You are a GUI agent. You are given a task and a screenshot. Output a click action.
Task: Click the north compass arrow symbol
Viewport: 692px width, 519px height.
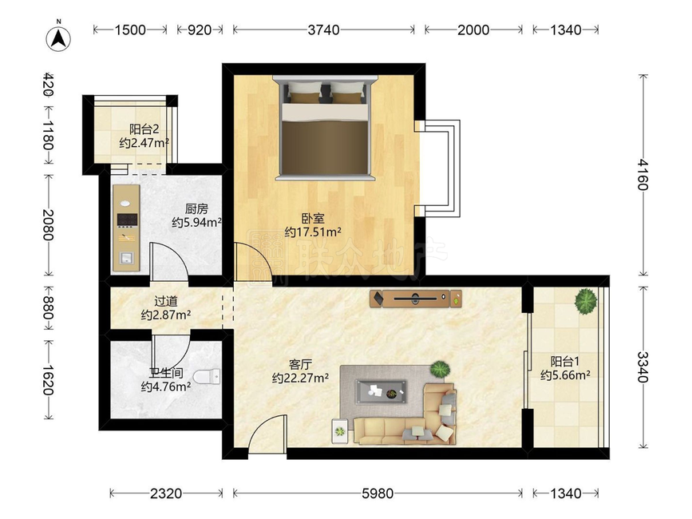click(59, 38)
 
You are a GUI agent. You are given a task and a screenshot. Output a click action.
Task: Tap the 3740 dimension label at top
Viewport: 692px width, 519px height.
click(324, 30)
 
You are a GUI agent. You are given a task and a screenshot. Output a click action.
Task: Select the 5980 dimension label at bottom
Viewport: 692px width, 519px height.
click(378, 493)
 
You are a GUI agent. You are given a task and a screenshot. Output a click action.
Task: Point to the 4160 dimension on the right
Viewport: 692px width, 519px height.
click(643, 175)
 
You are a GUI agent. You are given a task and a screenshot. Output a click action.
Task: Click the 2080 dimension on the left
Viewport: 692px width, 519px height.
click(48, 224)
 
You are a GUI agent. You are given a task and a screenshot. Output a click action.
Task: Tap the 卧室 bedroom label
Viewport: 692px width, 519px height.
click(313, 219)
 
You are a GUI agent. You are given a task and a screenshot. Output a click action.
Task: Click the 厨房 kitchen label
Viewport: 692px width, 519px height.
click(196, 208)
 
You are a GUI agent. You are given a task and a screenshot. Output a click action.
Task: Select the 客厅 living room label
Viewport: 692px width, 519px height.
click(301, 365)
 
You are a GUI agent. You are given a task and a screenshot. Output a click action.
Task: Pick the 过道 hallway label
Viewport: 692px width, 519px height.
click(166, 302)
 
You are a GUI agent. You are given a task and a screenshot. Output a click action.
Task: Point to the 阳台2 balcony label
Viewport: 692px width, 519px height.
click(144, 129)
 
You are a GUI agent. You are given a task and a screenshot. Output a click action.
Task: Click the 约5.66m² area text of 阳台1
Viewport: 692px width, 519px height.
click(565, 375)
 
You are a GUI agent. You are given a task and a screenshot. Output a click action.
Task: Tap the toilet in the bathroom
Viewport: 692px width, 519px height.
click(207, 376)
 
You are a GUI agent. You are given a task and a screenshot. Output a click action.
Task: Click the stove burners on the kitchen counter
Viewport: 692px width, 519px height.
click(127, 220)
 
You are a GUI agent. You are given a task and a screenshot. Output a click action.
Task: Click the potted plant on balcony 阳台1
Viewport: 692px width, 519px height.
click(586, 301)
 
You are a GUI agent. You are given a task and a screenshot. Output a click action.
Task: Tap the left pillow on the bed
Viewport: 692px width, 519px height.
click(305, 93)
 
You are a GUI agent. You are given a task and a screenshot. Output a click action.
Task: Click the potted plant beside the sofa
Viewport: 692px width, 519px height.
click(439, 370)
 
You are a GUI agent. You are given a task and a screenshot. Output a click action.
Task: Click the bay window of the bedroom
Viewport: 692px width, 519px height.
click(441, 168)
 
